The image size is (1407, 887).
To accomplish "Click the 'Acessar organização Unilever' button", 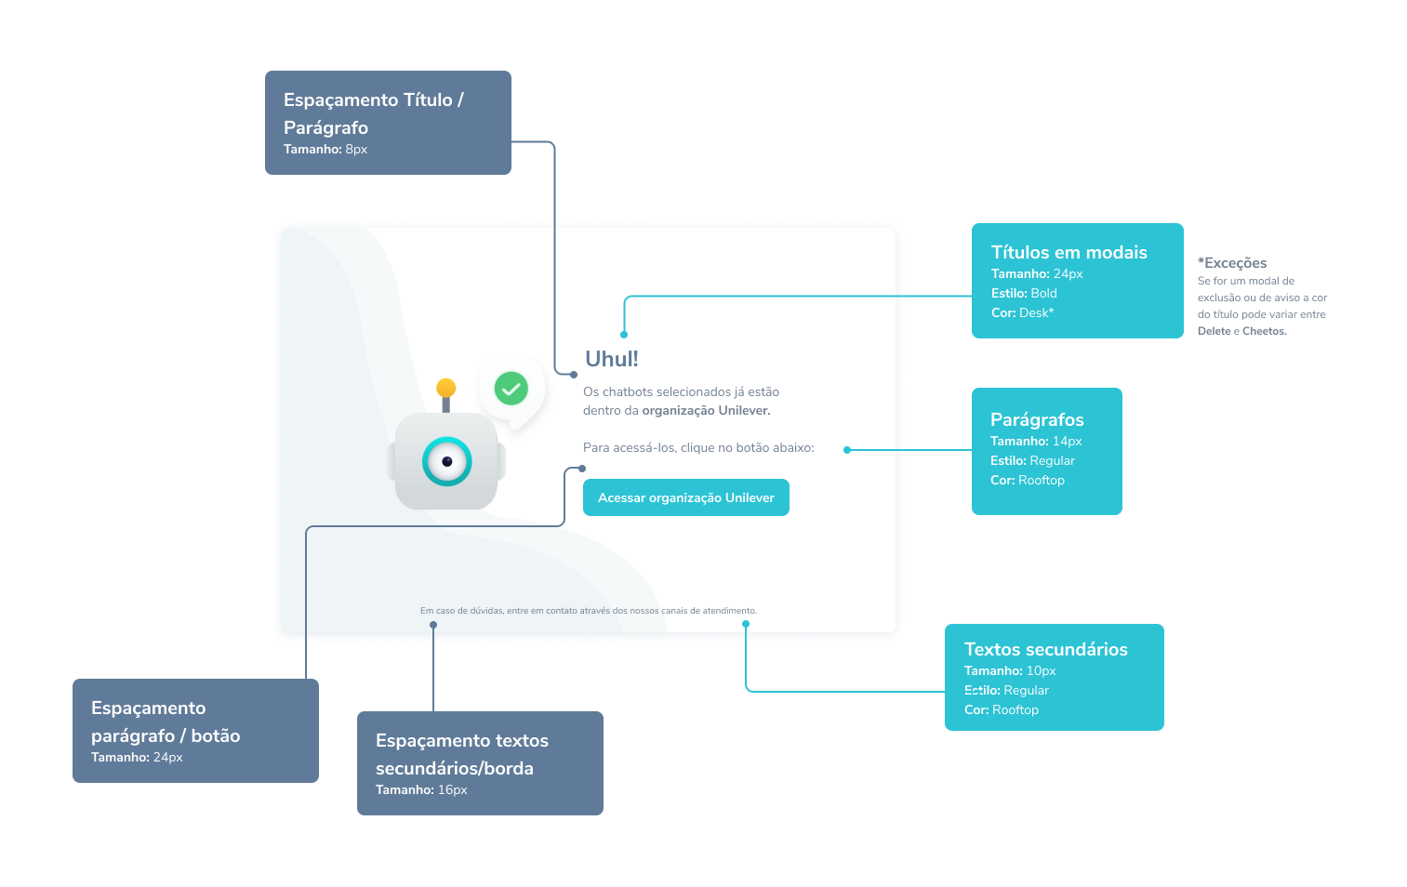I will tap(685, 497).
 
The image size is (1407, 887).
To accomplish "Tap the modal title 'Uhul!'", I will tap(611, 359).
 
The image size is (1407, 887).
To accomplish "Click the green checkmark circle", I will tap(511, 388).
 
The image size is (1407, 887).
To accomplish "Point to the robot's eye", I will tap(447, 461).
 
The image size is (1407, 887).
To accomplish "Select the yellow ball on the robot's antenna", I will tap(446, 388).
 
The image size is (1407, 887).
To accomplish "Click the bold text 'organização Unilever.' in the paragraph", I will tap(706, 411).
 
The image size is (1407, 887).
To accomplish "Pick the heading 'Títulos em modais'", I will tap(1069, 252).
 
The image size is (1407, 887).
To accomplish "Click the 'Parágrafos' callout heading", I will tap(1037, 419).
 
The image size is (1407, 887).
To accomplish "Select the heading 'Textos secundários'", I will tap(1045, 649).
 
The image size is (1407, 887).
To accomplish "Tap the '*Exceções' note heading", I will tap(1232, 263).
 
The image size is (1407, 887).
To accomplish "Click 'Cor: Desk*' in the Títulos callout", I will tap(1022, 313).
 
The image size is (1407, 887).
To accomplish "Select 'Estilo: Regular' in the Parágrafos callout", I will tap(1032, 461).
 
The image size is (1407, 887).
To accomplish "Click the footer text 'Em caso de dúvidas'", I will tap(588, 611).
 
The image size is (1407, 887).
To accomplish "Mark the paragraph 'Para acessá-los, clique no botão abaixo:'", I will tap(697, 448).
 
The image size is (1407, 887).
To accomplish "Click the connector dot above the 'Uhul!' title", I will tap(624, 334).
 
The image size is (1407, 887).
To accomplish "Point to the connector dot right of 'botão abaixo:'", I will tap(846, 450).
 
